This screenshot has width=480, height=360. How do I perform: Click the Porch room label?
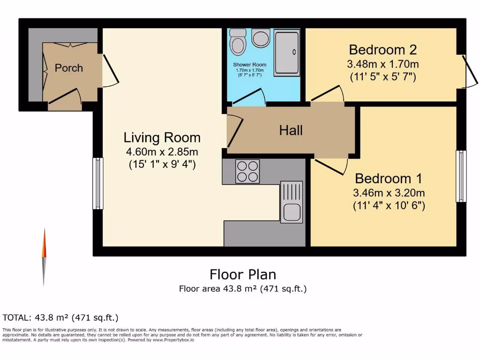[x=68, y=68]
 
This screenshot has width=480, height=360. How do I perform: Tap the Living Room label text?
[x=162, y=138]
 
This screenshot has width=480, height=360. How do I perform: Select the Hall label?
[x=291, y=130]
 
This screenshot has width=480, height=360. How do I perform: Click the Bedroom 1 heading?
[x=388, y=179]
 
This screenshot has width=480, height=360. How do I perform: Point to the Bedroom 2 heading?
[x=383, y=49]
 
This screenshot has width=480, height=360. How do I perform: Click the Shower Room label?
[x=249, y=65]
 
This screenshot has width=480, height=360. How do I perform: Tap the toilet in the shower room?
[x=239, y=42]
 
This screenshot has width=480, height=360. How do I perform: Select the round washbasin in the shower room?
[x=260, y=37]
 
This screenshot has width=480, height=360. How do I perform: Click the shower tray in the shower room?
[x=286, y=52]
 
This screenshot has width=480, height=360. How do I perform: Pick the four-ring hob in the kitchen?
[x=247, y=171]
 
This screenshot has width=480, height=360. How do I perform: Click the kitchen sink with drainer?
[x=291, y=202]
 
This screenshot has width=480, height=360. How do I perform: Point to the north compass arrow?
[x=45, y=255]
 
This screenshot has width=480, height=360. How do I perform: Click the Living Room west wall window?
[x=97, y=183]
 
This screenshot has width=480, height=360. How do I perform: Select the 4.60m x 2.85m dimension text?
[x=162, y=152]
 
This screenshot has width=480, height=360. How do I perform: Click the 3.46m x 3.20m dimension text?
[x=389, y=193]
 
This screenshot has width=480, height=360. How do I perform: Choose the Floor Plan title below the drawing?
[x=242, y=274]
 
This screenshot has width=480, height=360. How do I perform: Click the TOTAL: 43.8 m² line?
[x=60, y=317]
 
